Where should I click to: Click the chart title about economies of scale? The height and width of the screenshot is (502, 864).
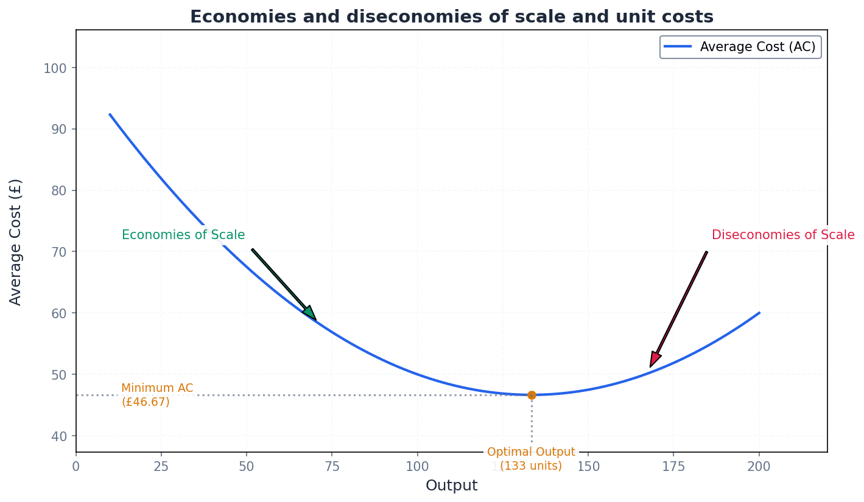pyautogui.click(x=451, y=17)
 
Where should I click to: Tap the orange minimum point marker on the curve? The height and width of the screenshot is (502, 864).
pyautogui.click(x=532, y=395)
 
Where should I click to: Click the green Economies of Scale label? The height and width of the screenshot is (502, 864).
pyautogui.click(x=183, y=235)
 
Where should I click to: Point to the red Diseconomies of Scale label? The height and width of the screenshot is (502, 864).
pyautogui.click(x=783, y=235)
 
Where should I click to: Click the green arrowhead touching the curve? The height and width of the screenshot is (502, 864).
pyautogui.click(x=310, y=313)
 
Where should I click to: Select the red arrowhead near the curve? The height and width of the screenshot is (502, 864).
pyautogui.click(x=655, y=359)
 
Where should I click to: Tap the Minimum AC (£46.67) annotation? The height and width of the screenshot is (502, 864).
pyautogui.click(x=157, y=395)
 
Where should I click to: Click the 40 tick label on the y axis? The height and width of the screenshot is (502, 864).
pyautogui.click(x=58, y=436)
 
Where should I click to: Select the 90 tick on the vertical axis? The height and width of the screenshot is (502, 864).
pyautogui.click(x=58, y=129)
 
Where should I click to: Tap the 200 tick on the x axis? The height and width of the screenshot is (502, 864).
pyautogui.click(x=759, y=467)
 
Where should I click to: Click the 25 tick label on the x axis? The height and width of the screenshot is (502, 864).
pyautogui.click(x=161, y=467)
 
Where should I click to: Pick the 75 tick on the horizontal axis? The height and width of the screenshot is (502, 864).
pyautogui.click(x=332, y=467)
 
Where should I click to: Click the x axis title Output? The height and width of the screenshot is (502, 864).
pyautogui.click(x=451, y=486)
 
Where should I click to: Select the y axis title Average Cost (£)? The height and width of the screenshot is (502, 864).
pyautogui.click(x=16, y=242)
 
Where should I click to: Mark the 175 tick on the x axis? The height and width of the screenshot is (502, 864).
pyautogui.click(x=673, y=467)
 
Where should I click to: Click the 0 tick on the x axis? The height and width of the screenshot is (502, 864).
pyautogui.click(x=76, y=467)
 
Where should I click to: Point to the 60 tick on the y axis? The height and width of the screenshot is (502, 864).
pyautogui.click(x=58, y=313)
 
